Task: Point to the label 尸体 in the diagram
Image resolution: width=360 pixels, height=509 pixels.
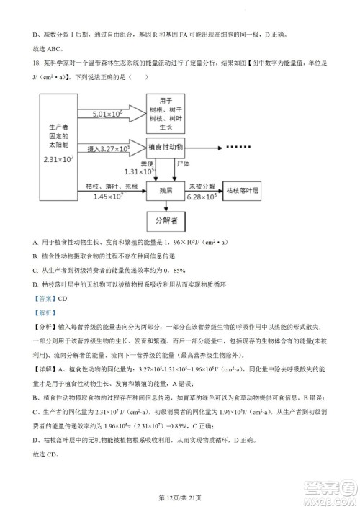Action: coord(185,164)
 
